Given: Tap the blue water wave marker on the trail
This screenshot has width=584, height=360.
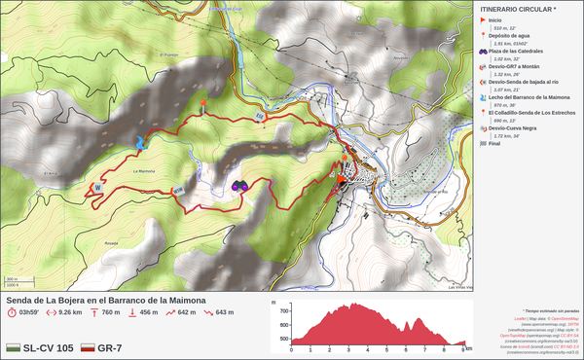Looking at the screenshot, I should click(x=142, y=143).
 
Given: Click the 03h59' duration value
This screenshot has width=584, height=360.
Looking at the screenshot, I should click(x=26, y=312).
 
